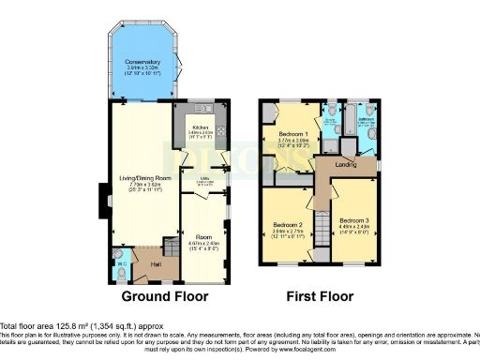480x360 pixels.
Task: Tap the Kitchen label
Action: (x=200, y=127)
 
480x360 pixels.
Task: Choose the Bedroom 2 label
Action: (x=288, y=226)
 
